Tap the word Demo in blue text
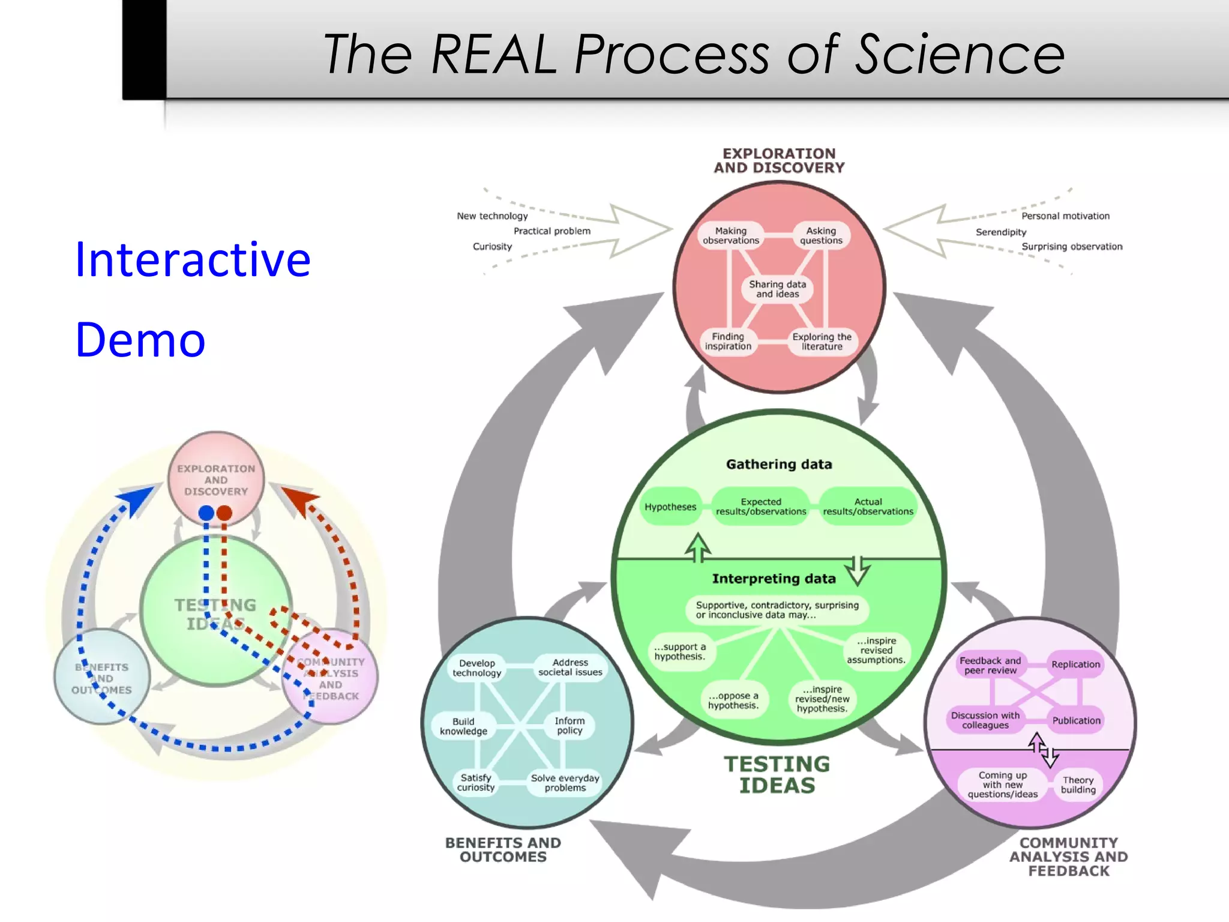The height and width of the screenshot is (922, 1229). [140, 340]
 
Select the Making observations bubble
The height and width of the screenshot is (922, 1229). [731, 236]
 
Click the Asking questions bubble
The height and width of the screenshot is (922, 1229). [821, 236]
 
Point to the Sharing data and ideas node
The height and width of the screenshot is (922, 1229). [777, 289]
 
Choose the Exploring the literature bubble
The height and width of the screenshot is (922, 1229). [822, 342]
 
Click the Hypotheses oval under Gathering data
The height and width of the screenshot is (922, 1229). [670, 507]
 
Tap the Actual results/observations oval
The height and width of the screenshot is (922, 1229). [868, 507]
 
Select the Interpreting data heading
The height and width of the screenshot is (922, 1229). [774, 579]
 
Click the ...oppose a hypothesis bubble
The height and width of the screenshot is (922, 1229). [733, 701]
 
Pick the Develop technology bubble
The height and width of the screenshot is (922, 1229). [477, 668]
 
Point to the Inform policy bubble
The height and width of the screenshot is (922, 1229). [569, 726]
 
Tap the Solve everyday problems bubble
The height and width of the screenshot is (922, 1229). [565, 783]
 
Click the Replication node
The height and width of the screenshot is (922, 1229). [1075, 664]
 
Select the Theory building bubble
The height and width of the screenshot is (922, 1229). [1078, 785]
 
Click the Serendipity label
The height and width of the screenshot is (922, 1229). [1001, 232]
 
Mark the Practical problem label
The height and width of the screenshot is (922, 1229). [552, 231]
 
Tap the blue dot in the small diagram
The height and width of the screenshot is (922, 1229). [206, 513]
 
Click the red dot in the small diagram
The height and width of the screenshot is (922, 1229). [224, 513]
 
